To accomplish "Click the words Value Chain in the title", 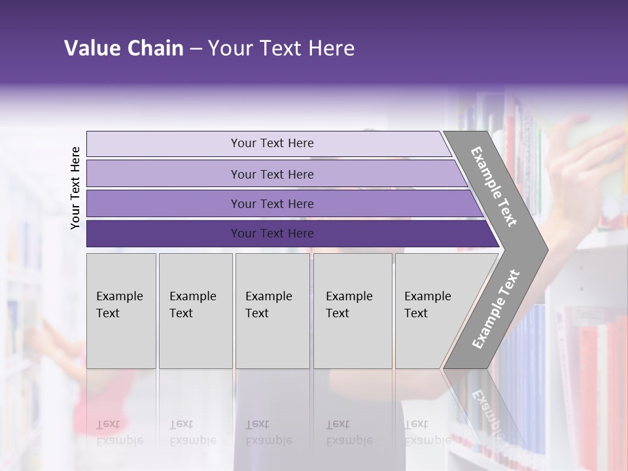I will coord(124,48).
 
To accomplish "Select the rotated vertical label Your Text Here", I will coord(75,188).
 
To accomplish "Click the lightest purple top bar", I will coord(164,144).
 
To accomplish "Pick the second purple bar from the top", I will coord(164,174).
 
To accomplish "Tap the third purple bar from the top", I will coord(164,203).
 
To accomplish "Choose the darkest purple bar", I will coord(164,234).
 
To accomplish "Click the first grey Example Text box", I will coord(121,327).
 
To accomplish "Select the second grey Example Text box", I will coord(196,327).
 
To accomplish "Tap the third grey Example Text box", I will coord(272,327).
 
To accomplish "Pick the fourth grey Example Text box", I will coord(353,327).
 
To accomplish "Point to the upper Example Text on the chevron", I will coord(494,186).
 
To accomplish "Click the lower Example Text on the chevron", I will coord(495,309).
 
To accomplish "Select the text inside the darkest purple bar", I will coord(272,234).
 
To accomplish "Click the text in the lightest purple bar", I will coord(272,143).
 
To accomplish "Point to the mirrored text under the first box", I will coord(119,432).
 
